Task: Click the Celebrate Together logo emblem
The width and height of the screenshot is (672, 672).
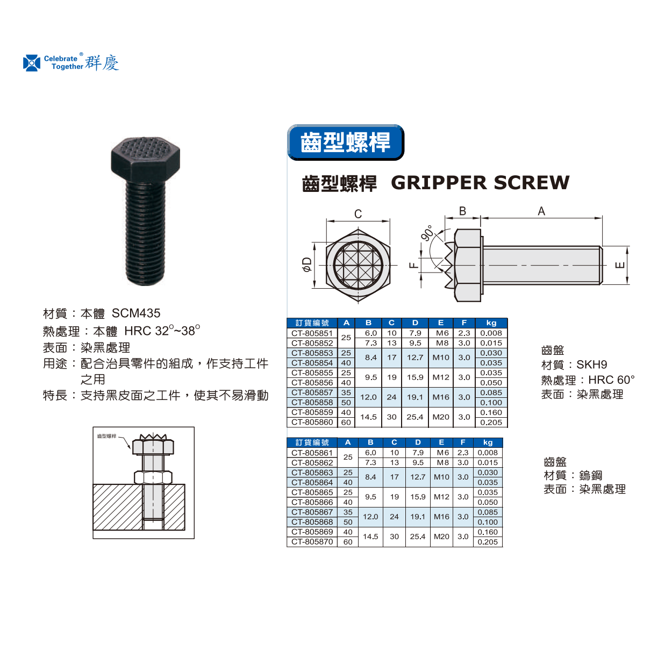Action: [32, 63]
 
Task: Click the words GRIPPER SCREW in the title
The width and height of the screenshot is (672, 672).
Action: [480, 183]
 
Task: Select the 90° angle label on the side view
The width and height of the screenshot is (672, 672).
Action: [427, 233]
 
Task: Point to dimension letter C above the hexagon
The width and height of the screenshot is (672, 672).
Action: [358, 214]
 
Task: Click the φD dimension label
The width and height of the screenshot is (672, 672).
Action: [307, 264]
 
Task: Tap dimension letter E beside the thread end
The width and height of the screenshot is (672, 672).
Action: [620, 265]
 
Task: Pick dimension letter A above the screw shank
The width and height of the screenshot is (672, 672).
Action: [541, 211]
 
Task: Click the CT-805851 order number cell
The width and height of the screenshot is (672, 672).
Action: [312, 333]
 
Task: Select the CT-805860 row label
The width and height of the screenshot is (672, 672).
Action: [312, 423]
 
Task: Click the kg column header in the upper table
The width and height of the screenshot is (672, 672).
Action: [491, 323]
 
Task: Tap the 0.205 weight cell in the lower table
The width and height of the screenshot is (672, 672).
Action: [488, 542]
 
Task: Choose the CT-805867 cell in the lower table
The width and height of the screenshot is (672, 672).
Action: [312, 512]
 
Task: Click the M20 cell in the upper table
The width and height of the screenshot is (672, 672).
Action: [441, 417]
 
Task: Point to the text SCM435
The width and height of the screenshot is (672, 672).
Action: [136, 313]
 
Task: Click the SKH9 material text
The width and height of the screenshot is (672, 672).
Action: [592, 364]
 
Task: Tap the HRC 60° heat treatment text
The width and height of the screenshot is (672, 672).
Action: [612, 380]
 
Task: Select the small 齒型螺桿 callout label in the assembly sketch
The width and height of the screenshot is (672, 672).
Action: [106, 436]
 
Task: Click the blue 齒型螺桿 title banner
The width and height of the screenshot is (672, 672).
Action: [346, 142]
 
